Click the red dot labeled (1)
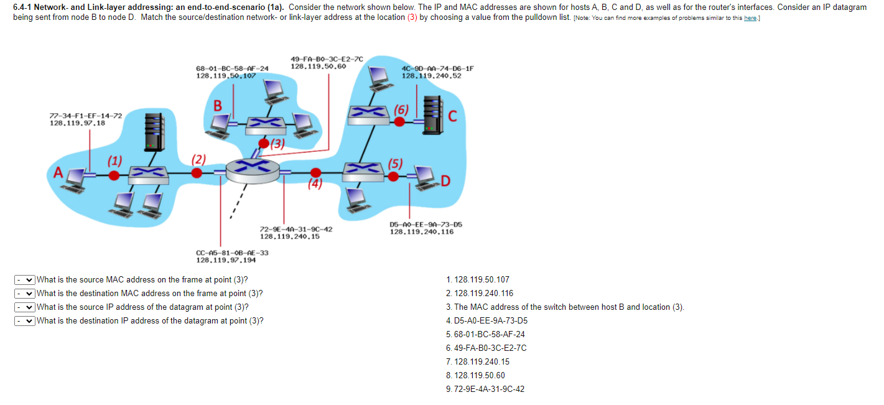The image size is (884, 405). click(114, 175)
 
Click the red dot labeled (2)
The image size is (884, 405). click(197, 172)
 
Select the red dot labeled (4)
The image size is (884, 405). click(316, 172)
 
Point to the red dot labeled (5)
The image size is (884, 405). click(393, 176)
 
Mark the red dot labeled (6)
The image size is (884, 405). click(401, 121)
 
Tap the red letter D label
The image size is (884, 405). click(445, 181)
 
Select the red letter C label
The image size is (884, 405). click(452, 116)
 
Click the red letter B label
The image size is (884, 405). click(218, 106)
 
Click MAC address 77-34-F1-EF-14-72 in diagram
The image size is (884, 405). click(86, 116)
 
